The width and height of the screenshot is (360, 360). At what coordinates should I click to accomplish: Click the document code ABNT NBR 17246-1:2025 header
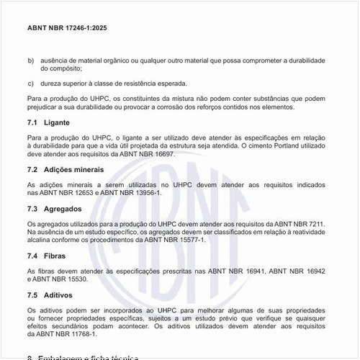68,27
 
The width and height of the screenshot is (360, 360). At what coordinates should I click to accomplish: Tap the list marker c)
30,83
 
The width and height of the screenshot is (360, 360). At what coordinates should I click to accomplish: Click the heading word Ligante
58,122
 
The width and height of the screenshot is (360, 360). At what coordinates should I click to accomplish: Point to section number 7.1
32,122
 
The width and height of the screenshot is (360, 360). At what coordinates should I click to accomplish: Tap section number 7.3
32,208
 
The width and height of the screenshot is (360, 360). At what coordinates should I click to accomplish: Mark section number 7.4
32,256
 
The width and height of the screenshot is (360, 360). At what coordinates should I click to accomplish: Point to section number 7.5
32,295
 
